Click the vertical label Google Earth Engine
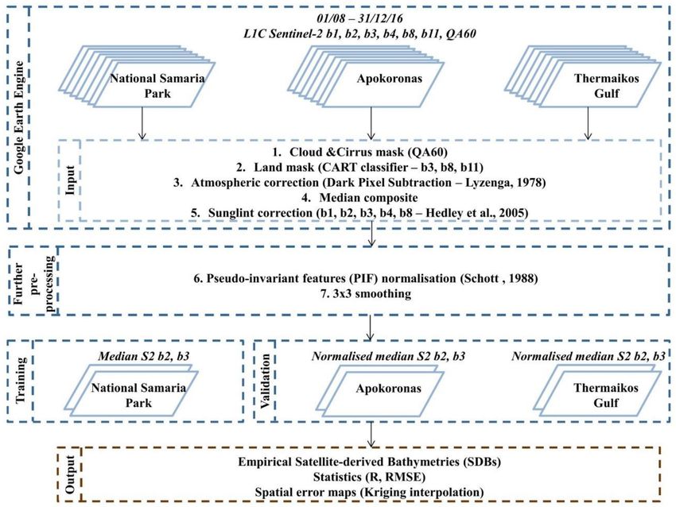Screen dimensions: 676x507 click(x=19, y=118)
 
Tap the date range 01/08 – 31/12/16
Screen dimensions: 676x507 click(x=359, y=18)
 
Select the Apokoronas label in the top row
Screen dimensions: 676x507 click(x=390, y=79)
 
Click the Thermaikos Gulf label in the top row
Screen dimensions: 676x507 click(x=606, y=86)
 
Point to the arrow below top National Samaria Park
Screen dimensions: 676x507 click(x=142, y=123)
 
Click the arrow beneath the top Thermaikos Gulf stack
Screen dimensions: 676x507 click(x=588, y=123)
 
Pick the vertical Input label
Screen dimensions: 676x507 click(x=70, y=180)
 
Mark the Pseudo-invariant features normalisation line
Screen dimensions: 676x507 click(x=366, y=278)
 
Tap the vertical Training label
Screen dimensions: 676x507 click(x=20, y=381)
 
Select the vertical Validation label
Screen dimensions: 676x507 click(x=265, y=381)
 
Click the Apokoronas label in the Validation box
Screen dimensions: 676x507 click(x=388, y=388)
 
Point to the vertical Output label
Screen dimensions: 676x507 click(x=70, y=474)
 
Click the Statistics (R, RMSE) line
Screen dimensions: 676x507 click(x=369, y=477)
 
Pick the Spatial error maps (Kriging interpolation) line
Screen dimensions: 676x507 click(x=369, y=492)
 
